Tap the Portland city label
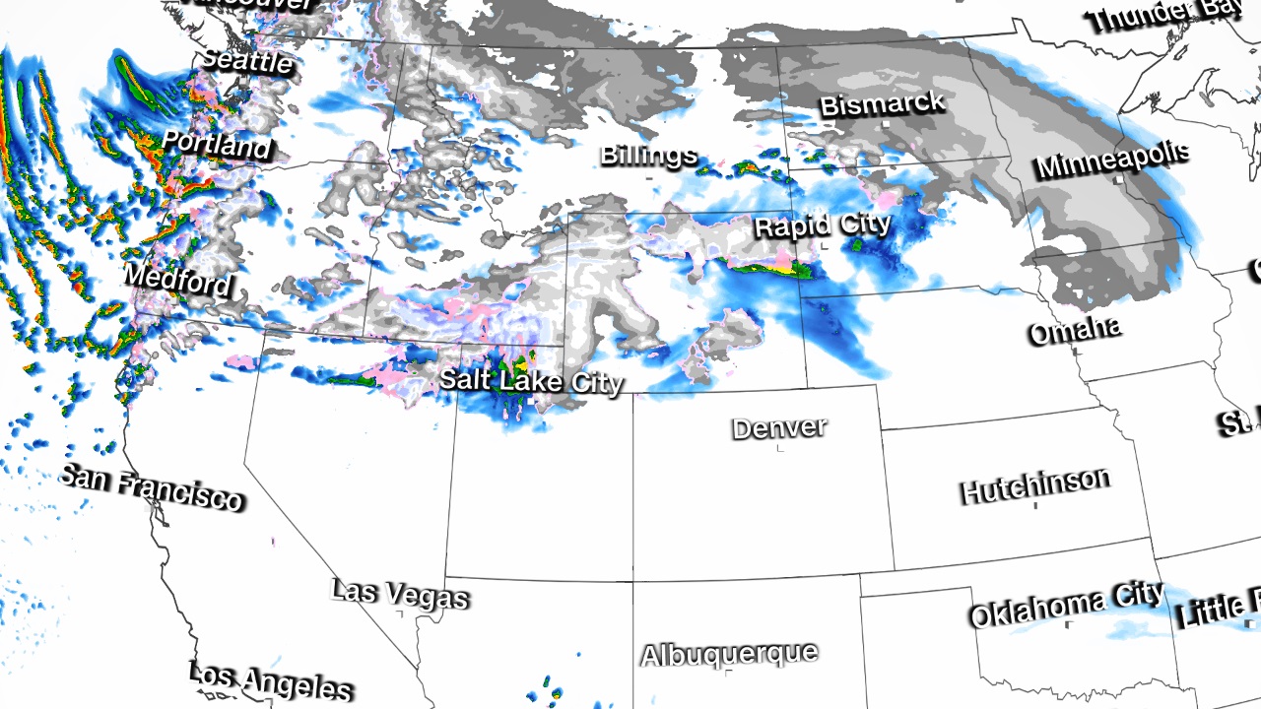216,144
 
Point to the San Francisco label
151,488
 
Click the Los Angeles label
270,680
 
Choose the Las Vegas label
399,594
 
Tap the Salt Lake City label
531,380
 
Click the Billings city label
648,155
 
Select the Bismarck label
882,103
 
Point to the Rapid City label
823,226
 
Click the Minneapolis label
1112,160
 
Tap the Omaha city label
1074,330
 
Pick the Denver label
779,427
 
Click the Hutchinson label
1034,485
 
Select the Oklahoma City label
1066,606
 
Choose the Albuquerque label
729,654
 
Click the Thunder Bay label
1165,13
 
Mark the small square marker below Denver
780,449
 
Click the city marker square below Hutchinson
1035,505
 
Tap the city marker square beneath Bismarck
886,125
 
